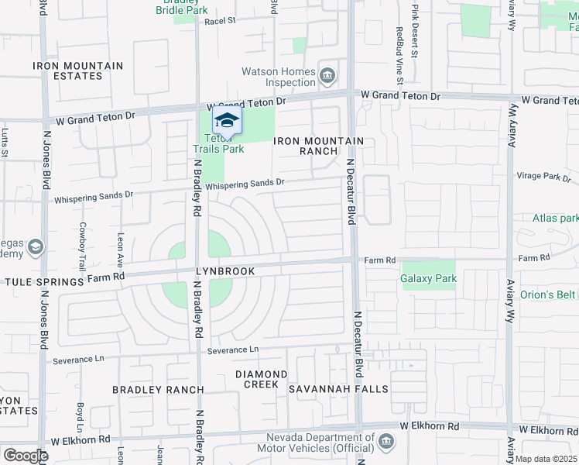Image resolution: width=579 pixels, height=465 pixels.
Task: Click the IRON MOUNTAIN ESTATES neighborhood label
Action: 78,71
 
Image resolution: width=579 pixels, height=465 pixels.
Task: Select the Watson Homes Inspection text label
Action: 279,77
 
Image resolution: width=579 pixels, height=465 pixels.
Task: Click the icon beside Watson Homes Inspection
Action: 327,75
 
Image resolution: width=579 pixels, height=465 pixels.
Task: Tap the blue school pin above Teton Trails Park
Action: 227,120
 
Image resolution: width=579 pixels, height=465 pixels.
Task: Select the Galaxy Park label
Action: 428,278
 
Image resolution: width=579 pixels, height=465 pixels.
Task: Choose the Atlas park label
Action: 555,218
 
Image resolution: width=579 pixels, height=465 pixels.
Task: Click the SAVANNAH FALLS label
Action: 337,388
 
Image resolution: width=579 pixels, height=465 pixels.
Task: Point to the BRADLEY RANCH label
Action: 158,389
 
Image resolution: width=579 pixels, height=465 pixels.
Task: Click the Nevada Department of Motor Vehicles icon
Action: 386,442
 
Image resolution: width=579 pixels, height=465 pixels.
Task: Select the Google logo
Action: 26,455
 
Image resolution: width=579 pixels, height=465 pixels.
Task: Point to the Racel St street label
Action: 220,22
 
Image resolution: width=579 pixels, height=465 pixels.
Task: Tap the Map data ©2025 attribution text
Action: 546,459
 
